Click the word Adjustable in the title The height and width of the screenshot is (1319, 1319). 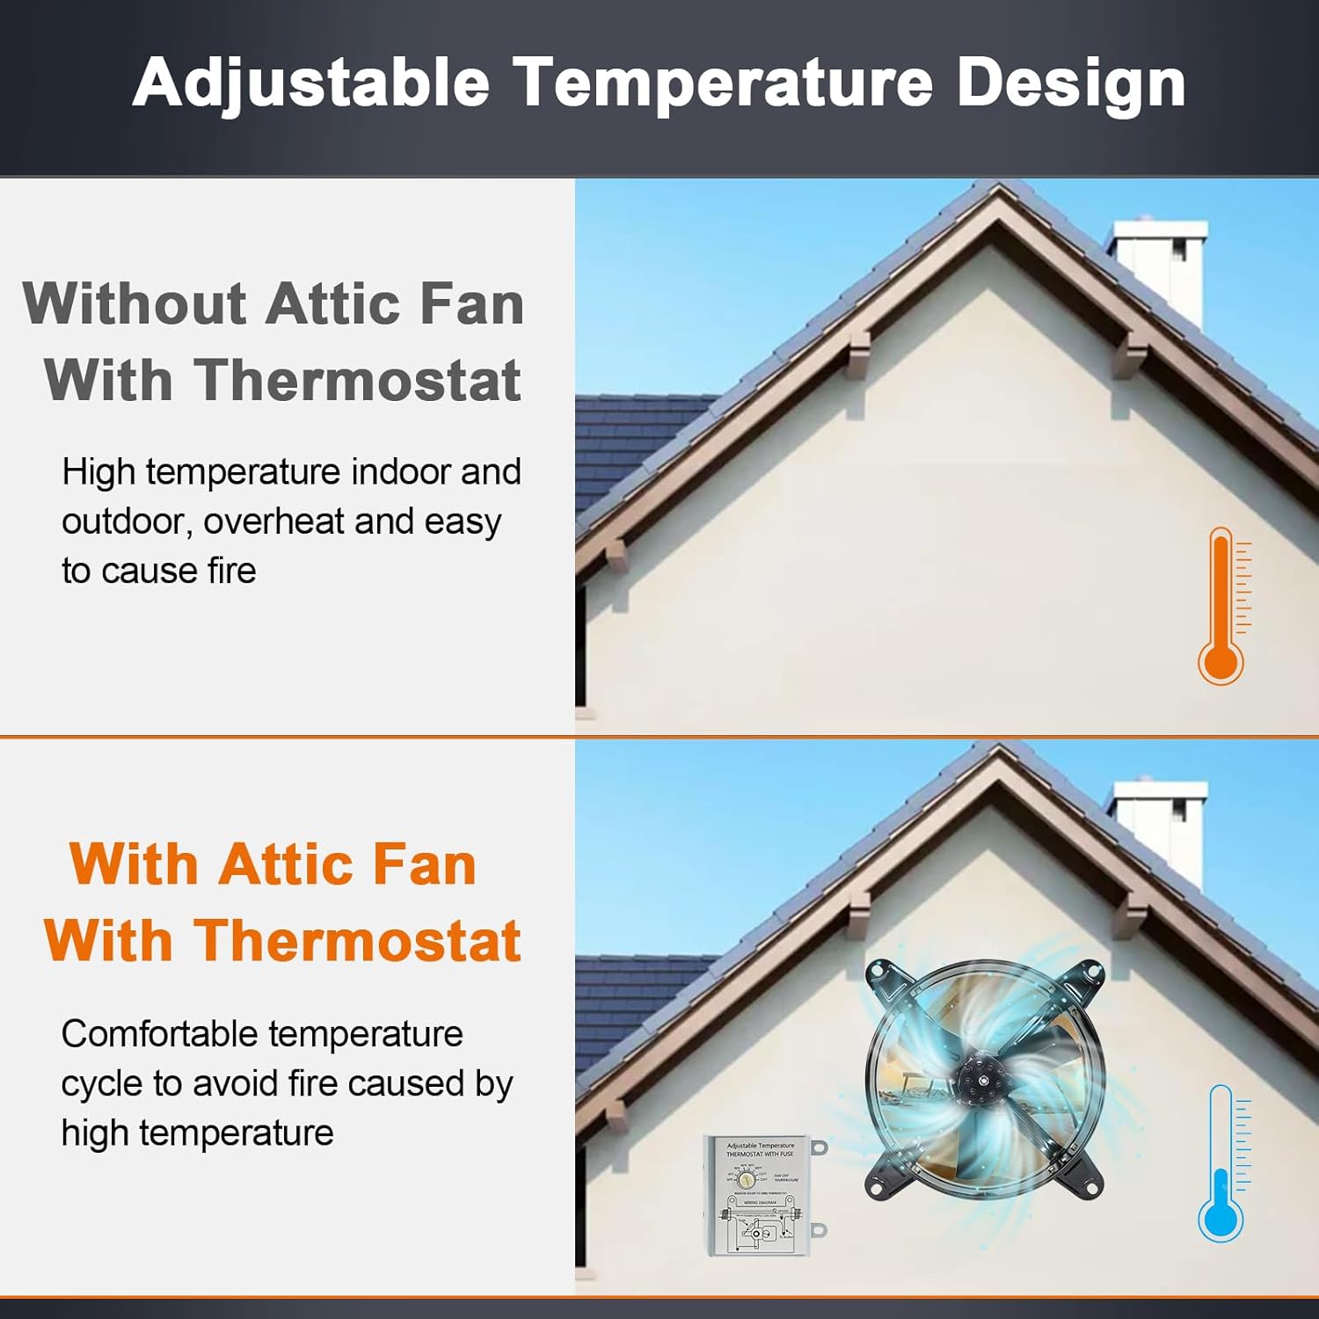(x=310, y=84)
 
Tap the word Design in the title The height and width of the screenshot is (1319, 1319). (x=1070, y=84)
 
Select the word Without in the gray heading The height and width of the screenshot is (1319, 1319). (x=134, y=304)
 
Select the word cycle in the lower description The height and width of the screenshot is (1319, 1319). (x=101, y=1083)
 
